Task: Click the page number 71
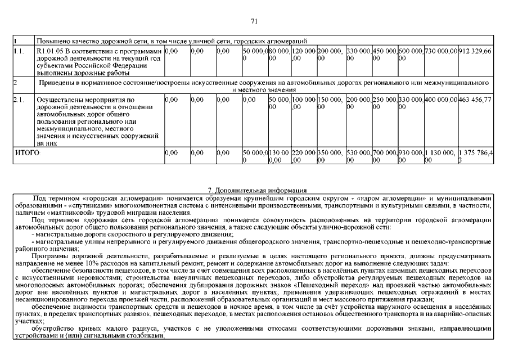pyautogui.click(x=254, y=21)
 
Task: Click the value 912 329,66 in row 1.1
pyautogui.click(x=475, y=51)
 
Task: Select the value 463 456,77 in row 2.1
pyautogui.click(x=475, y=100)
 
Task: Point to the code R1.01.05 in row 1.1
pyautogui.click(x=51, y=51)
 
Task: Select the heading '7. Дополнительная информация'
pyautogui.click(x=254, y=190)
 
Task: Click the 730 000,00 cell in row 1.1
pyautogui.click(x=441, y=51)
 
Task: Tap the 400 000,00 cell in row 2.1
pyautogui.click(x=441, y=100)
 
